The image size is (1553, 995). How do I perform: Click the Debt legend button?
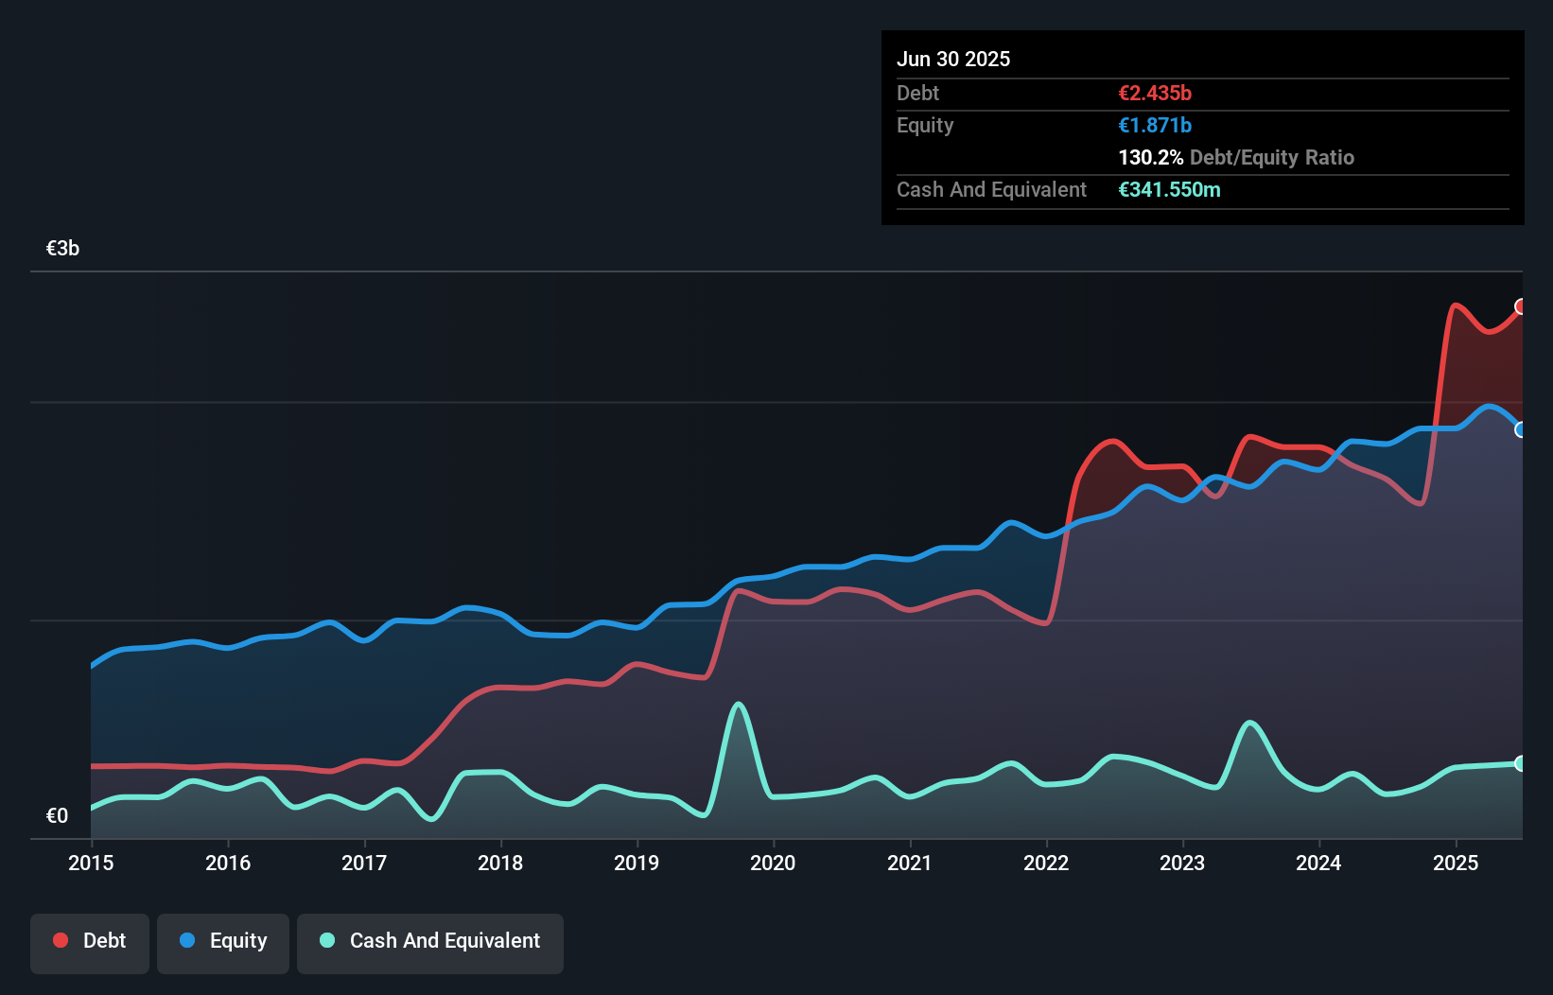pos(90,942)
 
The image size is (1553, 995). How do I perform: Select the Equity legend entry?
pos(223,942)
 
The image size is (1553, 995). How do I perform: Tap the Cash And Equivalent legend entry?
pos(430,942)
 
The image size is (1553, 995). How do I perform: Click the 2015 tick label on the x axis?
pos(91,863)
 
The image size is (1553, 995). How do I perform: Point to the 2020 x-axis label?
pos(773,863)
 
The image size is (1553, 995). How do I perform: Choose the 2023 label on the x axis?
pos(1182,863)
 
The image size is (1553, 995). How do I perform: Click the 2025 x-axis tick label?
pos(1456,863)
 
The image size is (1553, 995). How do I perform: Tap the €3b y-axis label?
pos(62,249)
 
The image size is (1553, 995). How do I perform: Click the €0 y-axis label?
pos(57,815)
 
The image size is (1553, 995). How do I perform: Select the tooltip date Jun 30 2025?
pos(953,60)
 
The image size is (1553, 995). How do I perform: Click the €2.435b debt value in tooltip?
pos(1155,94)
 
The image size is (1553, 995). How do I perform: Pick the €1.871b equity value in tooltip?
pos(1155,126)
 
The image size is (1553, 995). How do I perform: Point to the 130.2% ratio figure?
pos(1150,158)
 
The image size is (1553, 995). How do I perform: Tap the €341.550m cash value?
pos(1169,190)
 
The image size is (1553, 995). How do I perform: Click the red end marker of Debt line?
pos(1521,306)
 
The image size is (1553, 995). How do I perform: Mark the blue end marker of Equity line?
pos(1521,429)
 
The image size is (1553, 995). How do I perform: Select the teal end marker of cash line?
pos(1521,763)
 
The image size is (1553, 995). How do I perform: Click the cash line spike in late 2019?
pos(739,704)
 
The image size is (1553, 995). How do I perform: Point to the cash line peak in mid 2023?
pos(1249,723)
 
